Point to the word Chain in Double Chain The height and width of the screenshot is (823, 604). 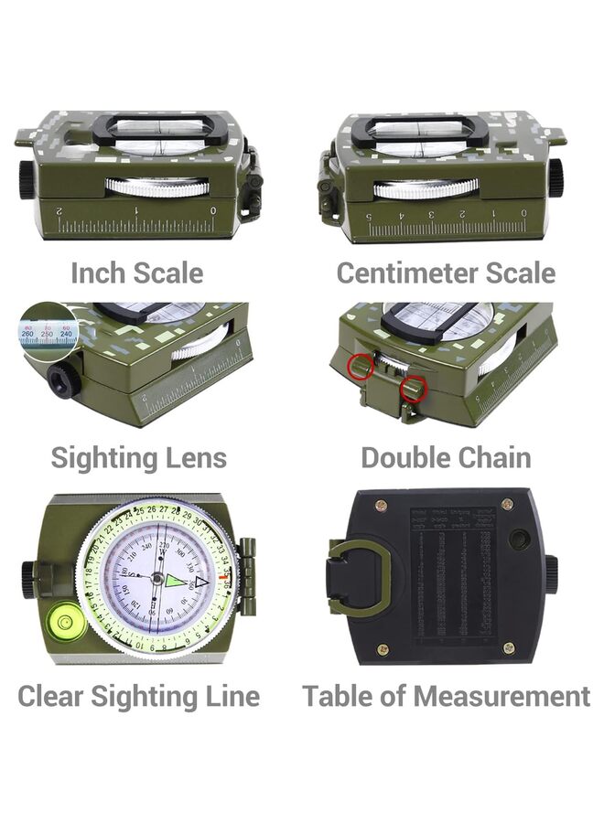[x=491, y=457]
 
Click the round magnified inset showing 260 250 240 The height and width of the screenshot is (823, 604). [x=47, y=329]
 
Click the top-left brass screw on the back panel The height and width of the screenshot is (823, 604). [x=381, y=506]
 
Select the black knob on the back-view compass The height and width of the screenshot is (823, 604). [x=551, y=574]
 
